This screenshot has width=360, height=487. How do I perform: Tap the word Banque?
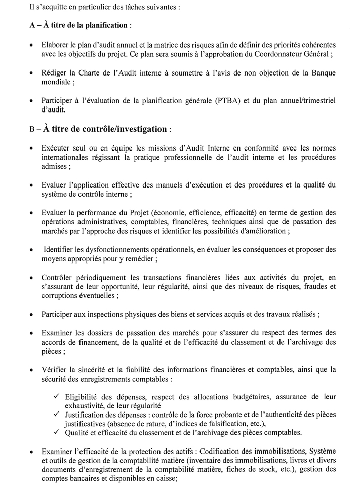[321, 72]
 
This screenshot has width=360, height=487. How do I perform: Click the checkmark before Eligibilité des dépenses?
[56, 396]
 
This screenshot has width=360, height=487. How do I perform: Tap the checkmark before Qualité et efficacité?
[56, 432]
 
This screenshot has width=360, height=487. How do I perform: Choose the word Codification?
[231, 451]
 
